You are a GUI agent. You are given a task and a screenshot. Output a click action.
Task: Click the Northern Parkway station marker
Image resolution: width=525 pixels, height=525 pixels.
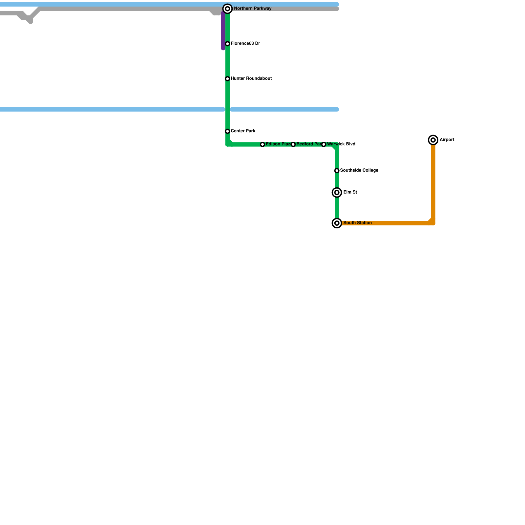227,9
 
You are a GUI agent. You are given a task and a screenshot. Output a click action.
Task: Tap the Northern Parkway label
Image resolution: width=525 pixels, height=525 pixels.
253,9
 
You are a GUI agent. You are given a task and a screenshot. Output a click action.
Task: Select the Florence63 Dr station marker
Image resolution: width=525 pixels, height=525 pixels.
227,44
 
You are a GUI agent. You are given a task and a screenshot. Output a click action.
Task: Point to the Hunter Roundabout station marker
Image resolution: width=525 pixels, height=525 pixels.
227,79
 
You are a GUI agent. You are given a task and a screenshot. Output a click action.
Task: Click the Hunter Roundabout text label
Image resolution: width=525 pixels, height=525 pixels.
251,78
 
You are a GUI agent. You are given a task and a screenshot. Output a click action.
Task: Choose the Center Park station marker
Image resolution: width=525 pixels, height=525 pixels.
227,131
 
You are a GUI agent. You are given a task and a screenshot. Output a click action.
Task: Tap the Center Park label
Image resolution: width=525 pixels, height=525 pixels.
243,131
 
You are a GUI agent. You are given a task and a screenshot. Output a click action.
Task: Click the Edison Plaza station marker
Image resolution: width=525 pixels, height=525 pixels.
262,144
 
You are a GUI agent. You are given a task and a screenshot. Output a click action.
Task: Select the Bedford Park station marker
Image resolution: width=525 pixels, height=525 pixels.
293,144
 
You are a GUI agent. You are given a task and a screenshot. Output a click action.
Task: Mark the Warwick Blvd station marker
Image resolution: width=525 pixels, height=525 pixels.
324,144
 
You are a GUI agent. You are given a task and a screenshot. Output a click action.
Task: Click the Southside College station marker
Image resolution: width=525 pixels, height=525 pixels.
337,171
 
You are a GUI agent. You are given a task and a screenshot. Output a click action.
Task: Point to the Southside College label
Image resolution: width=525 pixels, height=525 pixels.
359,170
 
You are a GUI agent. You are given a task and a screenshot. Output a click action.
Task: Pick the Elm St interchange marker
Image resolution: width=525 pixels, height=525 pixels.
337,193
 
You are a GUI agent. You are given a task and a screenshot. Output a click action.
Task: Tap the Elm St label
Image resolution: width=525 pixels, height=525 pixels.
350,192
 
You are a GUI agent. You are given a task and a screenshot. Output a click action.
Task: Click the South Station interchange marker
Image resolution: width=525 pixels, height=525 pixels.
337,223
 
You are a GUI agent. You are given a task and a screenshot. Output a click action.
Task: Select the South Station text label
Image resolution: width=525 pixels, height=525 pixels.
357,223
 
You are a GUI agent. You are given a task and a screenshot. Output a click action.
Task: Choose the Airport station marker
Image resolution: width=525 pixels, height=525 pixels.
433,140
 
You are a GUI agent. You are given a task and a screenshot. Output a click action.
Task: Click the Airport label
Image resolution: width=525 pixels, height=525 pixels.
447,140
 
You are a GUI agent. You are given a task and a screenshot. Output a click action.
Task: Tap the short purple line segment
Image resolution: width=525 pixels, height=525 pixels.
223,31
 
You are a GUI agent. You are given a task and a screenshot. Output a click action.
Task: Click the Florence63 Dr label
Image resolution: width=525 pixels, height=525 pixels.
245,43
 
